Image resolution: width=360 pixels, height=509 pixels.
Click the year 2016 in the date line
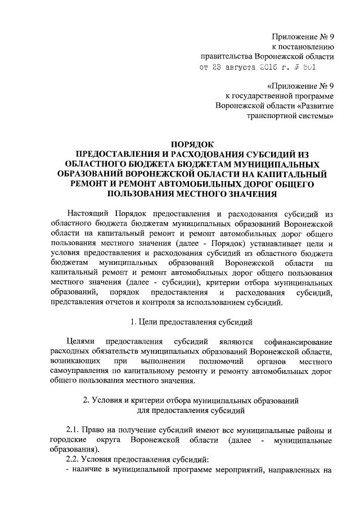pos(272,67)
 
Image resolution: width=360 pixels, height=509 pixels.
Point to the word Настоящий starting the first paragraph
pos(88,214)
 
